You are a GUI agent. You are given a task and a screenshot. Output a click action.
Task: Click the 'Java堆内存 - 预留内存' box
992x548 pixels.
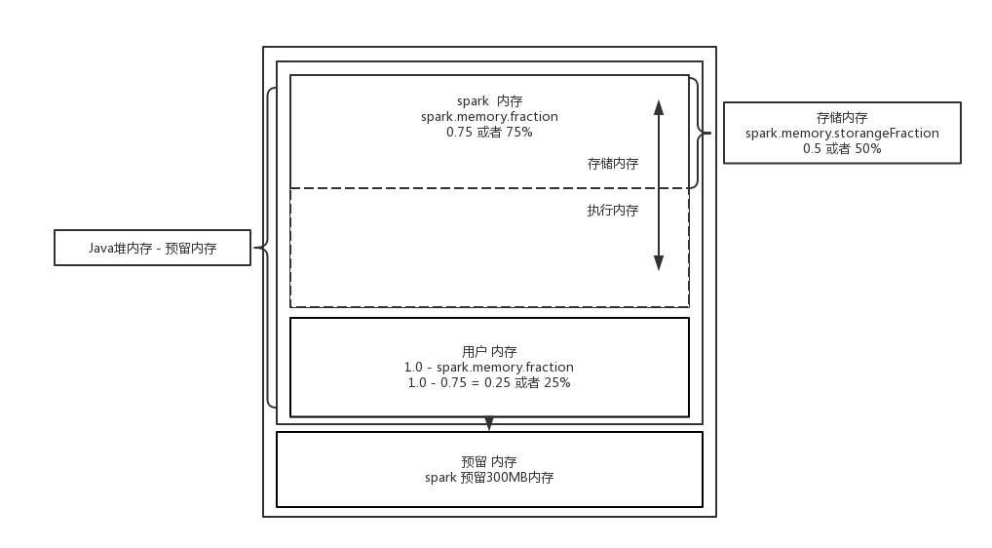(x=153, y=249)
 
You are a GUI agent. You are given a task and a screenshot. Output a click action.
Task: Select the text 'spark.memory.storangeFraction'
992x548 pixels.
(x=842, y=133)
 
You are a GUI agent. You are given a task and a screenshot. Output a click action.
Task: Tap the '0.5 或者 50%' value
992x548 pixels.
(x=842, y=148)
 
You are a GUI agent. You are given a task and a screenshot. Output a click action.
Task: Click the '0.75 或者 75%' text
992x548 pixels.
(x=489, y=132)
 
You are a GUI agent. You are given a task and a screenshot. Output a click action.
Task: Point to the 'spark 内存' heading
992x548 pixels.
(x=489, y=100)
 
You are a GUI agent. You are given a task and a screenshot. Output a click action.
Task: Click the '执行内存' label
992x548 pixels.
(x=613, y=210)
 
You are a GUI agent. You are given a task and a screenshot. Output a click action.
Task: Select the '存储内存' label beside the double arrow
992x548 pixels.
(x=613, y=164)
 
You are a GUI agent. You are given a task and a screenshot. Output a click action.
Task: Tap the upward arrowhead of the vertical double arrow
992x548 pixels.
(x=659, y=107)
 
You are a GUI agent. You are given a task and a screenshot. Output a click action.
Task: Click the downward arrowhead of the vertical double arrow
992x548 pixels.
(x=659, y=262)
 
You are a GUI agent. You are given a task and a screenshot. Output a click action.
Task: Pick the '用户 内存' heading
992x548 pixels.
(x=489, y=351)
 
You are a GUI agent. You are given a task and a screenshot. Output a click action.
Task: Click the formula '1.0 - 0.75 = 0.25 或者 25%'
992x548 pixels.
(x=489, y=382)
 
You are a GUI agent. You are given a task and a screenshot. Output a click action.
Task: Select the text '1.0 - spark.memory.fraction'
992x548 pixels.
(x=489, y=367)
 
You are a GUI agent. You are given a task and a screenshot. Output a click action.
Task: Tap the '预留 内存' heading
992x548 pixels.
(x=489, y=461)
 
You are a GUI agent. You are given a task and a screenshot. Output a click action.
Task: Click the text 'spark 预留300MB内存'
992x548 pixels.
(x=489, y=478)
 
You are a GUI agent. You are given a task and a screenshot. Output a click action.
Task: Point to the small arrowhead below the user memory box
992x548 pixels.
(x=489, y=424)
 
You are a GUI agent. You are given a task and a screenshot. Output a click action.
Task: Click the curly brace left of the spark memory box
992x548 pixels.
(x=270, y=248)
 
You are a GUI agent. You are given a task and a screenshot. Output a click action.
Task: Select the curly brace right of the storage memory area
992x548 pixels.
(x=697, y=133)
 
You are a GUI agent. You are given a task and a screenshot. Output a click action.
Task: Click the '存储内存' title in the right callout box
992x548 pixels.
(x=842, y=117)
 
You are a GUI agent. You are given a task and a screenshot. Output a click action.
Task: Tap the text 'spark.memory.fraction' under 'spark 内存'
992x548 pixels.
(x=489, y=116)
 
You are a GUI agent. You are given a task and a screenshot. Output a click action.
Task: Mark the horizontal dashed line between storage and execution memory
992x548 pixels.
(x=439, y=188)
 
